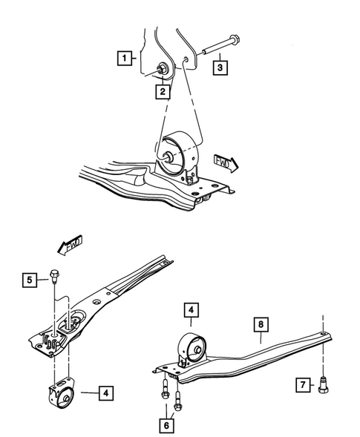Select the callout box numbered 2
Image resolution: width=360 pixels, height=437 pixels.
pyautogui.click(x=160, y=92)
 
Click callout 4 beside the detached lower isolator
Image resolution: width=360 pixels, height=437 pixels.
pyautogui.click(x=107, y=392)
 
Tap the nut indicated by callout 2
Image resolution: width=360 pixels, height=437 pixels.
pyautogui.click(x=160, y=70)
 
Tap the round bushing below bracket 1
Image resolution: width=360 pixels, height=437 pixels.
pyautogui.click(x=181, y=153)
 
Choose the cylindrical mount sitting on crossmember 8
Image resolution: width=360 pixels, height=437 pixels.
pyautogui.click(x=191, y=349)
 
